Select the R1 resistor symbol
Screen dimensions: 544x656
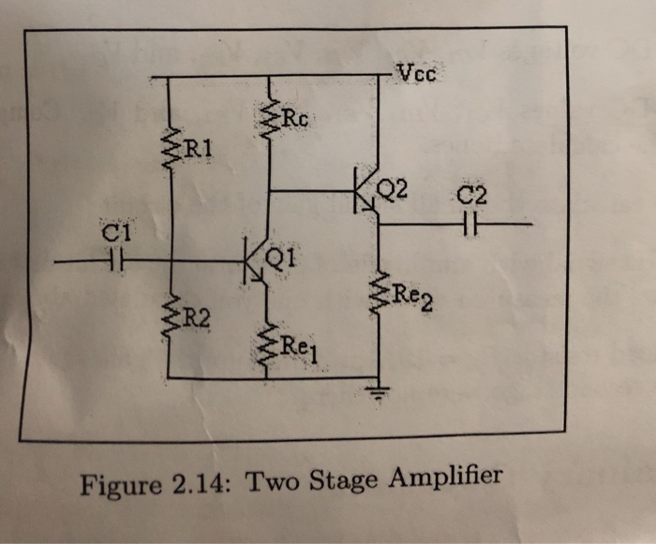pyautogui.click(x=171, y=148)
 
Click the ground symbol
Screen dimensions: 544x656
pyautogui.click(x=379, y=392)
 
